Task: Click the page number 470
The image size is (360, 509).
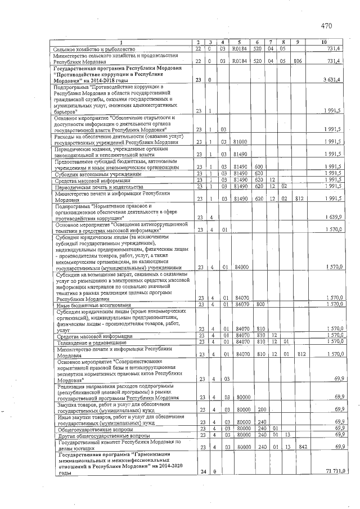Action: click(x=327, y=25)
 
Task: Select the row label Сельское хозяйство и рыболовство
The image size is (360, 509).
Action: click(x=92, y=49)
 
